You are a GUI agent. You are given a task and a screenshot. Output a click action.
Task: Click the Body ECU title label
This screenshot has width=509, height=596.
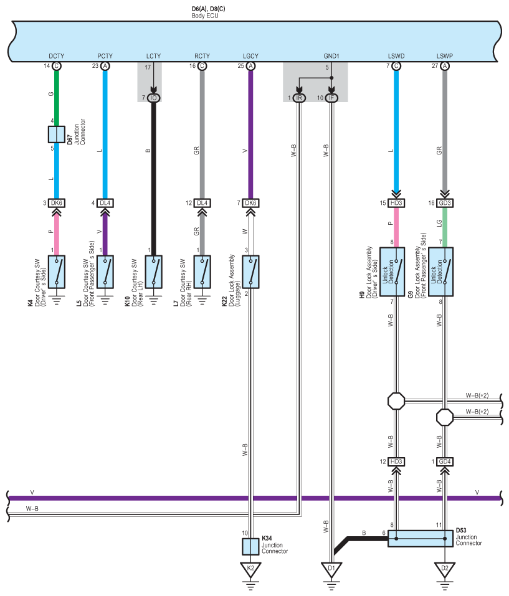pyautogui.click(x=205, y=16)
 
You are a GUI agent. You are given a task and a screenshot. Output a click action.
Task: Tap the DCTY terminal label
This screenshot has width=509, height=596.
pyautogui.click(x=57, y=56)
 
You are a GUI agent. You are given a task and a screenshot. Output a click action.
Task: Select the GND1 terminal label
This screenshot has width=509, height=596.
pyautogui.click(x=331, y=56)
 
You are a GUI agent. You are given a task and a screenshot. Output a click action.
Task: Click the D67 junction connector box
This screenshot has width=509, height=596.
pyautogui.click(x=57, y=135)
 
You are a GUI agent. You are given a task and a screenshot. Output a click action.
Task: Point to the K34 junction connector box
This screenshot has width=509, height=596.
pyautogui.click(x=250, y=547)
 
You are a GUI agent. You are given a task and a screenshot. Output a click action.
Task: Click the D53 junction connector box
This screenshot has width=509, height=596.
pyautogui.click(x=421, y=539)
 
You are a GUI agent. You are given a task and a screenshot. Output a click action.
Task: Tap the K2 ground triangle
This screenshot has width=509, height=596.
pyautogui.click(x=250, y=569)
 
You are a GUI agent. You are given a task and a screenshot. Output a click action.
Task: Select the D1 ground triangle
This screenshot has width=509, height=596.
pyautogui.click(x=331, y=569)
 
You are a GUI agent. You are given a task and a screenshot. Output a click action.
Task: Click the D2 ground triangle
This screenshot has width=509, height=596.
pyautogui.click(x=445, y=569)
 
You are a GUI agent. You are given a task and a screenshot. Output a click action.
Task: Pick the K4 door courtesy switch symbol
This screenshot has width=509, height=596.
pyautogui.click(x=57, y=272)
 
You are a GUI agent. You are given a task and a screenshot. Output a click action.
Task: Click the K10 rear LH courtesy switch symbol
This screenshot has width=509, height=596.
pyautogui.click(x=154, y=272)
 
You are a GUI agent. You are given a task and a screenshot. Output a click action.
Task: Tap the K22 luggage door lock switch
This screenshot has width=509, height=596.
pyautogui.click(x=250, y=272)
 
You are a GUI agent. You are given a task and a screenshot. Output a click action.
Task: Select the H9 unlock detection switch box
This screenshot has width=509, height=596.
pyautogui.click(x=392, y=272)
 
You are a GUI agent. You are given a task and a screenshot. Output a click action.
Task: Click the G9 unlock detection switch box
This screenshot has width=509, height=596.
pyautogui.click(x=441, y=272)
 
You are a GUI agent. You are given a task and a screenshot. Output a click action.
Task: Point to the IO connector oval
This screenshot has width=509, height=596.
pyautogui.click(x=154, y=98)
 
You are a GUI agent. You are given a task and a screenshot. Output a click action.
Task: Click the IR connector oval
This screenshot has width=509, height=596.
pyautogui.click(x=299, y=98)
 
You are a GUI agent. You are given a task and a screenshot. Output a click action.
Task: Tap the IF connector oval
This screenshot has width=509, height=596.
pyautogui.click(x=331, y=98)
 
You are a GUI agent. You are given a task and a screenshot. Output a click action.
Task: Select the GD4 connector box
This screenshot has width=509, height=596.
pyautogui.click(x=445, y=462)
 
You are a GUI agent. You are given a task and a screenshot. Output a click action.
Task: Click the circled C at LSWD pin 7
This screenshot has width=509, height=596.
pyautogui.click(x=396, y=66)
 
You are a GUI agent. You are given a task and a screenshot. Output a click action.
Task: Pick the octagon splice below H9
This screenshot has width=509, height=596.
pyautogui.click(x=396, y=401)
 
